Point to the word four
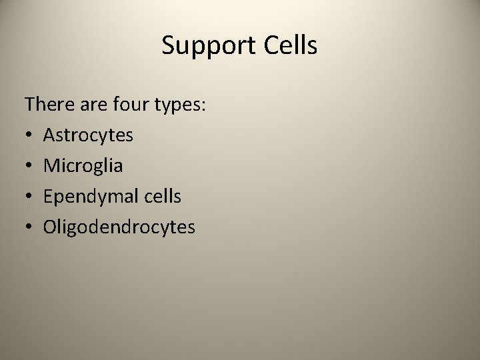133,104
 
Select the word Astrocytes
88,135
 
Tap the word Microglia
83,166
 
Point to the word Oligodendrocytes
119,227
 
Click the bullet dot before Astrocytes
29,136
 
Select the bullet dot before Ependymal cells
29,197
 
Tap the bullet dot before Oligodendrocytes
29,228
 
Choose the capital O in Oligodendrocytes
50,227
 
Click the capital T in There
31,104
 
